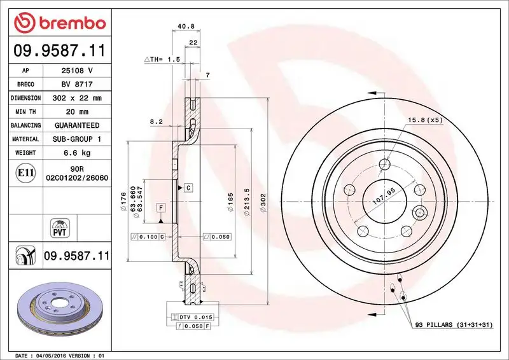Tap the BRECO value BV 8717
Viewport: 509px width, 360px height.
(75, 85)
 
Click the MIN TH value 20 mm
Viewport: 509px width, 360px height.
(75, 112)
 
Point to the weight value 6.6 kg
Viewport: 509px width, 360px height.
(75, 153)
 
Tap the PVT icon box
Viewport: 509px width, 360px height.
(58, 227)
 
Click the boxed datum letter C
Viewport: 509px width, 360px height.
(189, 187)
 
